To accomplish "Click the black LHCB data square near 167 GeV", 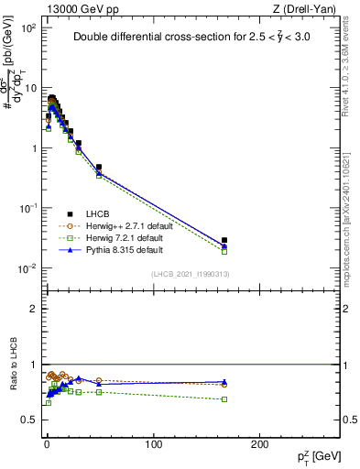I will pyautogui.click(x=224, y=240).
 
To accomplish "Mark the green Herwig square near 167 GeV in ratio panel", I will pyautogui.click(x=224, y=398).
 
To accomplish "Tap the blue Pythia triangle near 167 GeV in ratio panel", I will pyautogui.click(x=224, y=381).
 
